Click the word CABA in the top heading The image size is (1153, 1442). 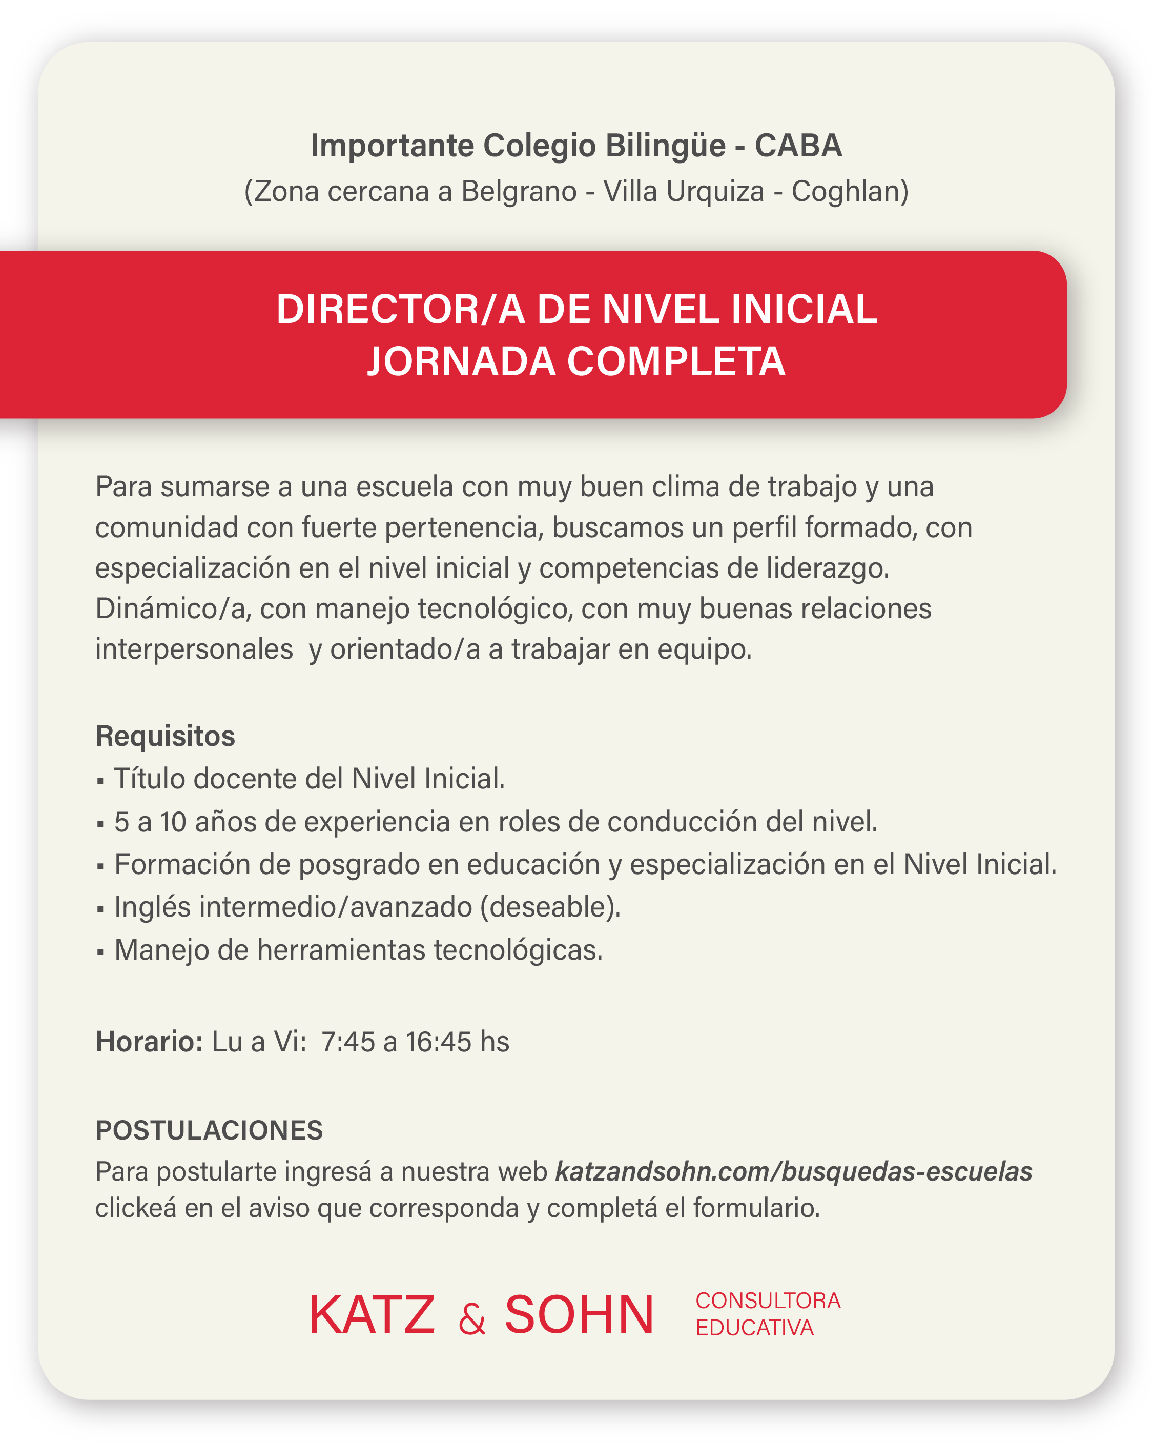point(798,146)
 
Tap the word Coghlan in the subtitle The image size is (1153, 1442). point(846,192)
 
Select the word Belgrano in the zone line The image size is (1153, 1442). point(519,192)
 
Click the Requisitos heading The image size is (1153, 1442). point(165,737)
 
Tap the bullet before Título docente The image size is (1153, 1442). point(100,781)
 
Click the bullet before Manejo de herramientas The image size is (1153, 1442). point(100,952)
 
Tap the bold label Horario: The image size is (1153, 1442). point(149,1042)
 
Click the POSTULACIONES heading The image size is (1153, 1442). point(209,1130)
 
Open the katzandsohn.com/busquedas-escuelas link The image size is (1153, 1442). point(793,1171)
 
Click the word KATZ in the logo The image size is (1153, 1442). point(372,1315)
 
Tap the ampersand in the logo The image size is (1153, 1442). point(471,1321)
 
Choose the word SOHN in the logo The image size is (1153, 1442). point(579,1315)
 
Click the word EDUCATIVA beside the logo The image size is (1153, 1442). point(754,1328)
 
